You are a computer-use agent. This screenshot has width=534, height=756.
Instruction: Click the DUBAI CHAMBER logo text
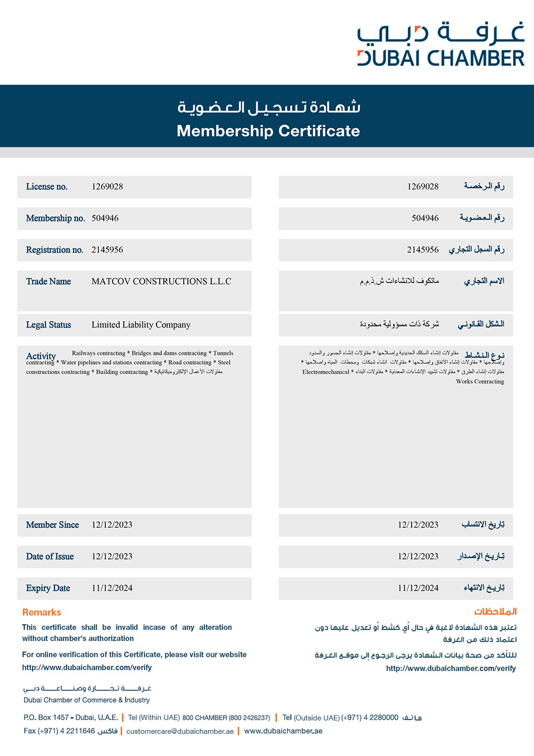441,58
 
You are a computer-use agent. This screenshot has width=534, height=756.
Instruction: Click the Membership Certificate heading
268,131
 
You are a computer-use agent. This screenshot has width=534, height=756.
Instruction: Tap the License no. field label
46,186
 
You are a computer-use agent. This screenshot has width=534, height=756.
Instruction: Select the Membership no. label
56,218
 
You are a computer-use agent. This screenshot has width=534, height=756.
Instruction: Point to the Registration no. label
54,250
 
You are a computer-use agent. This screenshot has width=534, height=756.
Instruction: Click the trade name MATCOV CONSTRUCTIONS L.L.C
161,282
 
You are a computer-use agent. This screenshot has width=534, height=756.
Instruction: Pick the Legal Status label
49,325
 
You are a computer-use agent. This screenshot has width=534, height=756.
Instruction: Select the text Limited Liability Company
141,325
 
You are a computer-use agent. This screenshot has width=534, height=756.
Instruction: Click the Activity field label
41,356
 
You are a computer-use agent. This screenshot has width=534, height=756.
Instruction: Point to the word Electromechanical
326,372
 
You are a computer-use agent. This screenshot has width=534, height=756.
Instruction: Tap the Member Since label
52,525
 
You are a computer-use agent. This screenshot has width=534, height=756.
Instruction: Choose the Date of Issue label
50,556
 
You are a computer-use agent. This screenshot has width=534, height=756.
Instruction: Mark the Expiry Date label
48,588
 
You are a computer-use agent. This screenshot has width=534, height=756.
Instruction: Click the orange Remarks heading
42,612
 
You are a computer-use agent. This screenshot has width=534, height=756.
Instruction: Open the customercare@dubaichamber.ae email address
180,731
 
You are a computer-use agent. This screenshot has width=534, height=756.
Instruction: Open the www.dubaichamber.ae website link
283,731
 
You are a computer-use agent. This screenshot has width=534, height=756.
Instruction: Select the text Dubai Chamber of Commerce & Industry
87,700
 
